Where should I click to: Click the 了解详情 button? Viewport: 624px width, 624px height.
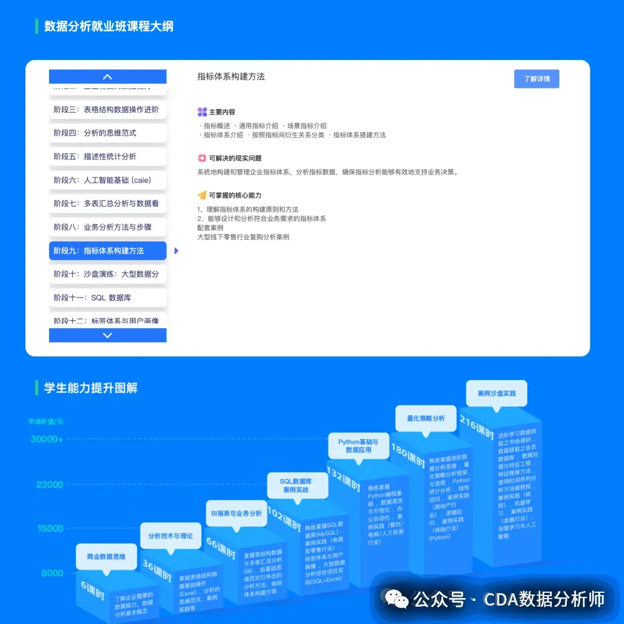point(536,79)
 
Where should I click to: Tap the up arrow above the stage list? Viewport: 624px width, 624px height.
point(107,77)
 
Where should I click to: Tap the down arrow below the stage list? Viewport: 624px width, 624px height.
point(107,335)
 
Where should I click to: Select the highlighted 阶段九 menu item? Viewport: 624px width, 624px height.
point(107,251)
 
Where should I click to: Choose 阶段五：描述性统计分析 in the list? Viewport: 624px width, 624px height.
point(107,157)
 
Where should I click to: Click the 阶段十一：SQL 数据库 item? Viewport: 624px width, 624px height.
point(107,298)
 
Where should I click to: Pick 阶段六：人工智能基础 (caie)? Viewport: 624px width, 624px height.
point(107,180)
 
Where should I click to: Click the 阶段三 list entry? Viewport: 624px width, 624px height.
point(107,109)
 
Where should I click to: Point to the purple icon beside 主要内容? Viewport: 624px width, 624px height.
point(202,112)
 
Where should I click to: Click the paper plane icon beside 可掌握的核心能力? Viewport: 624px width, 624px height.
point(202,195)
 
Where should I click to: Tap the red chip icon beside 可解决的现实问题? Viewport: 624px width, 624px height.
point(202,158)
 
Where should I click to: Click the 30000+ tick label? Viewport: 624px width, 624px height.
point(47,440)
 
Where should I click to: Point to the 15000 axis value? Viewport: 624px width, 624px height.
point(50,528)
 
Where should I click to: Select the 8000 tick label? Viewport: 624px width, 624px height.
point(52,573)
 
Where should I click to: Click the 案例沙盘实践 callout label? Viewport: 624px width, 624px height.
point(496,393)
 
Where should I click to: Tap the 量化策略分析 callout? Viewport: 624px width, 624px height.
point(426,418)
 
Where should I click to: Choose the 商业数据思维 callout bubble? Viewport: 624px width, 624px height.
point(106,557)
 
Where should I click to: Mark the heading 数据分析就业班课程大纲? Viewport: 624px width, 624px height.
point(109,27)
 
